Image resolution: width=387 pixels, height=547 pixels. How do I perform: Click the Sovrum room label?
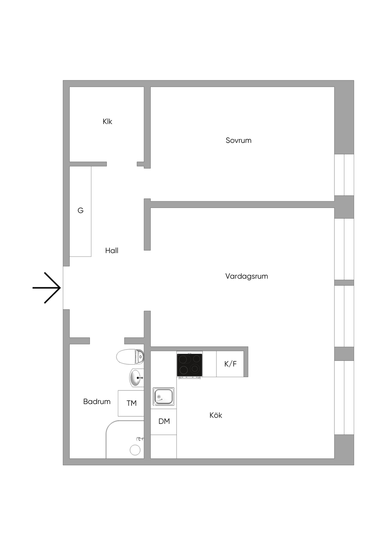pos(238,140)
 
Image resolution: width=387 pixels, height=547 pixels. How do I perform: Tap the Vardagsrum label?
pos(246,276)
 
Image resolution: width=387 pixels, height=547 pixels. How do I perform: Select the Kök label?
pos(216,415)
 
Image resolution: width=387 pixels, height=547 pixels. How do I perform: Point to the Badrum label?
pos(97,401)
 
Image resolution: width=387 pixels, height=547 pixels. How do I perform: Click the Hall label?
pos(112,251)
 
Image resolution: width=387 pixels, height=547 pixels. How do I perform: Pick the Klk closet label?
pos(107,121)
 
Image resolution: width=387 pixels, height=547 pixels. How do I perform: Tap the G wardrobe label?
pos(80,210)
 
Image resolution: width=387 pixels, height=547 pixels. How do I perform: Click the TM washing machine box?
pos(131,403)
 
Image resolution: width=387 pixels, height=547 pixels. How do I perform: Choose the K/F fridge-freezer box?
pos(230,364)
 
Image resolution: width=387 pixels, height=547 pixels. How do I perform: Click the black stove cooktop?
pos(189,365)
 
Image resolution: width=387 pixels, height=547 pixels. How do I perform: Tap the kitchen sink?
pos(164,396)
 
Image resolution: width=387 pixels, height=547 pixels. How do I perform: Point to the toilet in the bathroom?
pos(130,356)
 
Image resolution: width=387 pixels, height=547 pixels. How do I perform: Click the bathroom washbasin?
pos(136,378)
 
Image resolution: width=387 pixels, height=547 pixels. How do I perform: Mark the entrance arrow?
pos(46,288)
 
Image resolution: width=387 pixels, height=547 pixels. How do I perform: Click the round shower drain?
pos(135,450)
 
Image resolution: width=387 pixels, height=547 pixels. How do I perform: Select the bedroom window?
pos(344,175)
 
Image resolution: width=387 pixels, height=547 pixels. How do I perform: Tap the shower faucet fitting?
pos(140,439)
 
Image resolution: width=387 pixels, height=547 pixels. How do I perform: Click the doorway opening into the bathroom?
pos(107,341)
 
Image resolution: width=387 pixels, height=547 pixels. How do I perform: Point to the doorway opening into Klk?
pos(122,164)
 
